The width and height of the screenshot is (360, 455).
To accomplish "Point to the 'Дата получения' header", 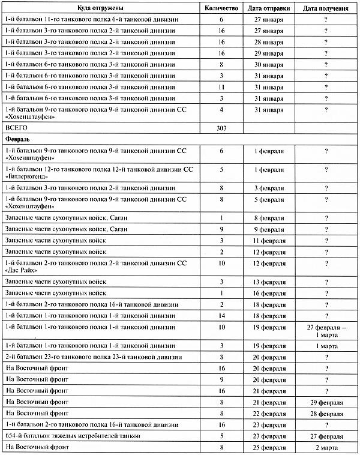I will [326, 8].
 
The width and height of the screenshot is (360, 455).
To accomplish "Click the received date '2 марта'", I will [326, 447].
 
